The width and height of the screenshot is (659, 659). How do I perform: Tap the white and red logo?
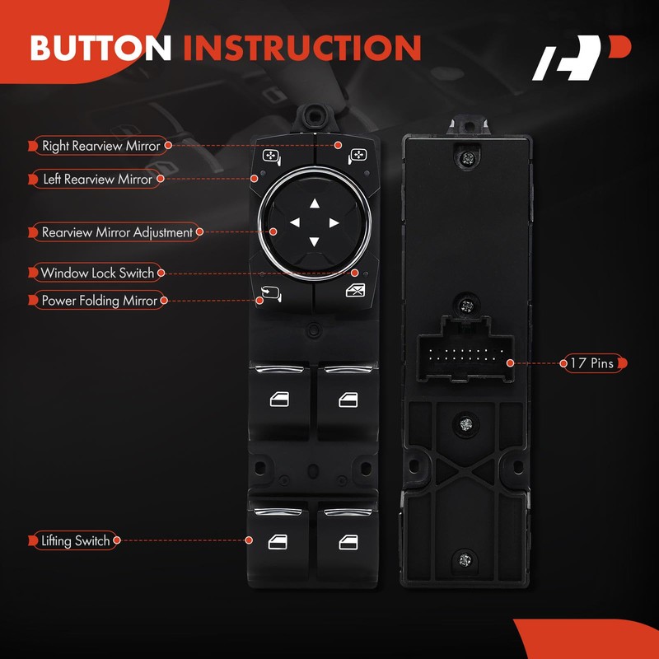pyautogui.click(x=581, y=58)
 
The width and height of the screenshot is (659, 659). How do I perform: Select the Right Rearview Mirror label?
pyautogui.click(x=101, y=146)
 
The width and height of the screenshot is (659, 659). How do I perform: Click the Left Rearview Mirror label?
pyautogui.click(x=96, y=179)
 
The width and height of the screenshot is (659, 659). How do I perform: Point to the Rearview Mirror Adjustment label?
pyautogui.click(x=117, y=232)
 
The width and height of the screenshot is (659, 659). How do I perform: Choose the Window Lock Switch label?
pyautogui.click(x=97, y=273)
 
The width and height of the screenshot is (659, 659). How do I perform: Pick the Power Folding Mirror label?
pyautogui.click(x=99, y=301)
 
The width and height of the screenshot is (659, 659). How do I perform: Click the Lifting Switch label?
pyautogui.click(x=75, y=541)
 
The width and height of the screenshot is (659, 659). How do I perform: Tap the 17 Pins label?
pyautogui.click(x=591, y=362)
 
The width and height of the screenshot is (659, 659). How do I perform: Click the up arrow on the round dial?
pyautogui.click(x=314, y=203)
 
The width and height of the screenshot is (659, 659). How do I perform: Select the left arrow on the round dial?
pyautogui.click(x=294, y=222)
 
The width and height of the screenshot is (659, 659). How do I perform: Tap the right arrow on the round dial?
pyautogui.click(x=334, y=222)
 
